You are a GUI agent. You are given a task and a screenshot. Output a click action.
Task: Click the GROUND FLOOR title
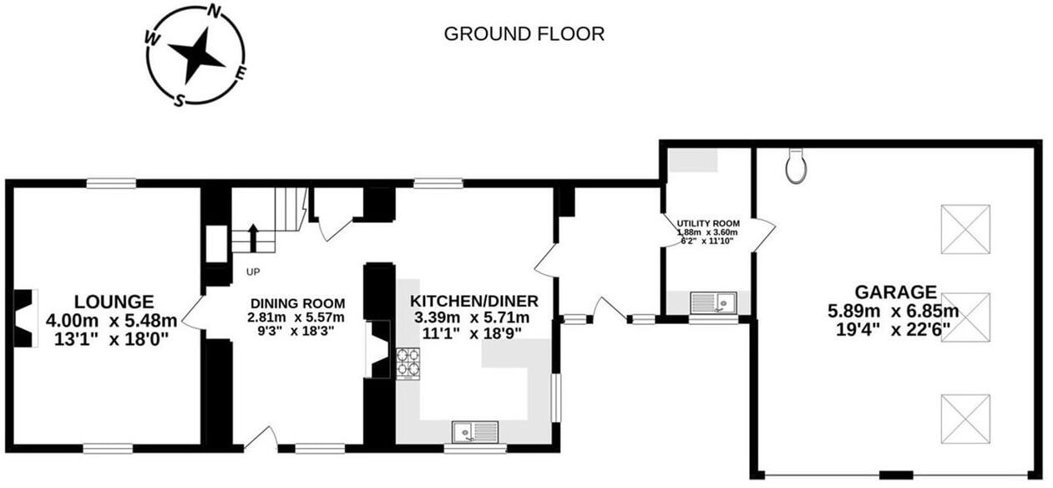coord(524,34)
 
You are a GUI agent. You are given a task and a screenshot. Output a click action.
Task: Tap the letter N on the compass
coord(215,13)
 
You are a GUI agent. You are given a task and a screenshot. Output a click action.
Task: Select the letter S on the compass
coord(179,100)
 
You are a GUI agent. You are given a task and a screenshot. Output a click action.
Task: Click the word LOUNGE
coord(113,301)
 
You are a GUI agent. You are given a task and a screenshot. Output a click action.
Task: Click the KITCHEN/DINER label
coord(473,301)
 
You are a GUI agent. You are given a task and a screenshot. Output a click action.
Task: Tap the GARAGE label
coord(895,292)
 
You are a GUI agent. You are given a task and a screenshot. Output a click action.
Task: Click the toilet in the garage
coord(797,166)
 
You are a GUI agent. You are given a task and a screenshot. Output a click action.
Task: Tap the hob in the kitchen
coord(408,363)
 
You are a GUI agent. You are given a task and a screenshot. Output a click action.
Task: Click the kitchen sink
coord(474,432)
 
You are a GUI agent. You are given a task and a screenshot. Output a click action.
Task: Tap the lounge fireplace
coord(27,318)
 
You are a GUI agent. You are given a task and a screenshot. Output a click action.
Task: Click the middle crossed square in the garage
coord(965,317)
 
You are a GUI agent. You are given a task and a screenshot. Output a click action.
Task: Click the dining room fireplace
coord(378,351)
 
